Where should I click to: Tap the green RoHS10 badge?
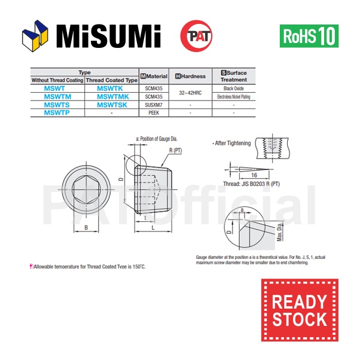(309, 36)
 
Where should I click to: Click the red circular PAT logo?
(196, 36)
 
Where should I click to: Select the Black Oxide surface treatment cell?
(233, 89)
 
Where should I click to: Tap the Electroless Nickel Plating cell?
(233, 96)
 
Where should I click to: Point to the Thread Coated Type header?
(111, 80)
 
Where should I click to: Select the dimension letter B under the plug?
(86, 228)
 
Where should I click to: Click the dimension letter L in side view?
(154, 228)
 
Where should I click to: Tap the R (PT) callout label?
(175, 151)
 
